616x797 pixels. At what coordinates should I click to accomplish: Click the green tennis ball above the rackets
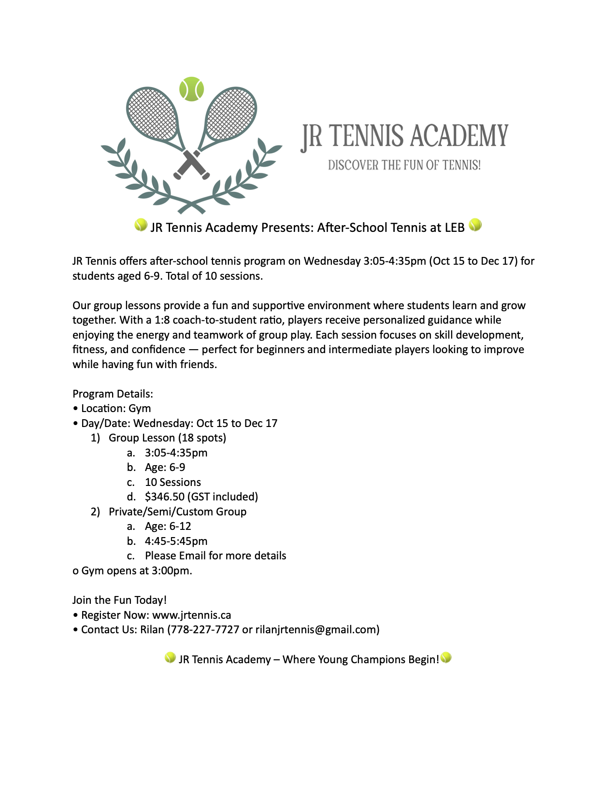coord(191,89)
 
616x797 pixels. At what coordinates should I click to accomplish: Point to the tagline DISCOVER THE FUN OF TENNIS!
coord(404,165)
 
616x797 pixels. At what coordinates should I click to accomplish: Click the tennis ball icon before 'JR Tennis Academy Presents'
coord(141,225)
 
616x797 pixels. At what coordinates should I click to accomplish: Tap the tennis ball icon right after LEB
coord(475,225)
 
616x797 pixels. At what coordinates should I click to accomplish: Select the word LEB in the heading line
coord(454,228)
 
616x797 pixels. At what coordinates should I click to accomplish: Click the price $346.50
coord(165,497)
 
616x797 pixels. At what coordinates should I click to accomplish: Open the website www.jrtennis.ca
coord(191,615)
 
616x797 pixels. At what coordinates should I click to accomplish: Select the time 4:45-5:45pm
coord(176,541)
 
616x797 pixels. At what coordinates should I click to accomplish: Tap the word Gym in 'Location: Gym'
coord(140,408)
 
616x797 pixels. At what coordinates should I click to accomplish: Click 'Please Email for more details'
coord(215,555)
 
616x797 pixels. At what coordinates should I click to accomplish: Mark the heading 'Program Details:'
coord(113,394)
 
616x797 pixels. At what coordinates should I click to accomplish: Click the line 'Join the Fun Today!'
coord(119,600)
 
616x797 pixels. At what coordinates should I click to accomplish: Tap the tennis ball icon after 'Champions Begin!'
coord(446,657)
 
